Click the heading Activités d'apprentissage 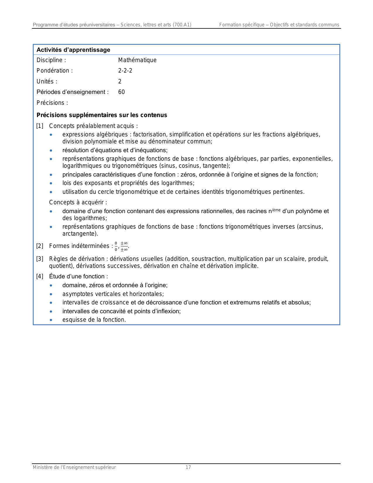pos(73,50)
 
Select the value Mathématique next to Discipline pos(137,60)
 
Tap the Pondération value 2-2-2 pos(125,71)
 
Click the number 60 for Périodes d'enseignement pos(121,92)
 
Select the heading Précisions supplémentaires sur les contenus pos(102,115)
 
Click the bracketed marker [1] pos(40,126)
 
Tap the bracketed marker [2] pos(40,246)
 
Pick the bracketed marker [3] pos(40,259)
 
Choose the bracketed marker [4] pos(40,276)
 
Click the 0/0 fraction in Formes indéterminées pos(116,246)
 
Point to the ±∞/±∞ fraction pos(124,246)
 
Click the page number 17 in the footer pos(188,467)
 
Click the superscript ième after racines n pos(276,210)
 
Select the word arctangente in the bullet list pos(79,234)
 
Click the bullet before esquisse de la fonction pos(51,320)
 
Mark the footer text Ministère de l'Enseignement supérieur pos(74,467)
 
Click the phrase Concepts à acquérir pos(78,202)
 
